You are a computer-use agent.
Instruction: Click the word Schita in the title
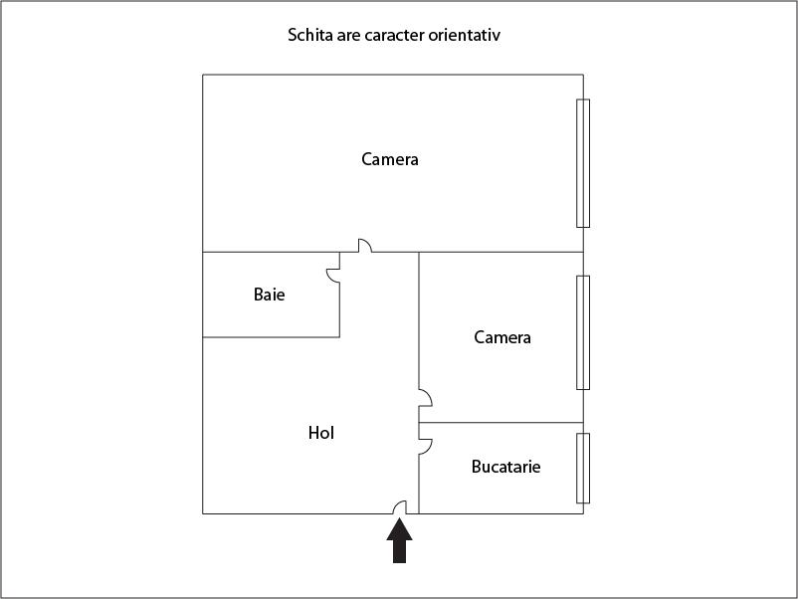pyautogui.click(x=308, y=36)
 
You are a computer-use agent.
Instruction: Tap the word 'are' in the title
pyautogui.click(x=347, y=36)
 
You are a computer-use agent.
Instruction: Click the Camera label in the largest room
pyautogui.click(x=390, y=159)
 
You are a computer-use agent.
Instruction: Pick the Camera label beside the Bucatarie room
pyautogui.click(x=502, y=337)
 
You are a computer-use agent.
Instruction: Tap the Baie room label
pyautogui.click(x=269, y=295)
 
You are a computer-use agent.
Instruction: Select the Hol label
pyautogui.click(x=320, y=433)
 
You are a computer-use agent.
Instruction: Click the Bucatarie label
pyautogui.click(x=506, y=466)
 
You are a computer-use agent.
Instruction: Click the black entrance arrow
pyautogui.click(x=399, y=543)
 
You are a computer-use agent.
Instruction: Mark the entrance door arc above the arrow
pyautogui.click(x=401, y=507)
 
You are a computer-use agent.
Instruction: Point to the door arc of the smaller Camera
pyautogui.click(x=425, y=398)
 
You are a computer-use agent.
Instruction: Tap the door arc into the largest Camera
pyautogui.click(x=365, y=246)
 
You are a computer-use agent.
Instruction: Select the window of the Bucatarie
pyautogui.click(x=584, y=468)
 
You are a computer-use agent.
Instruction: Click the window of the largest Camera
pyautogui.click(x=584, y=163)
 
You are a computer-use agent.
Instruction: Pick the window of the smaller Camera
pyautogui.click(x=584, y=332)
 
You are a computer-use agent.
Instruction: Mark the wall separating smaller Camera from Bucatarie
pyautogui.click(x=500, y=423)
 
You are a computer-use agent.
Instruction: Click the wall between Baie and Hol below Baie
pyautogui.click(x=271, y=337)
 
